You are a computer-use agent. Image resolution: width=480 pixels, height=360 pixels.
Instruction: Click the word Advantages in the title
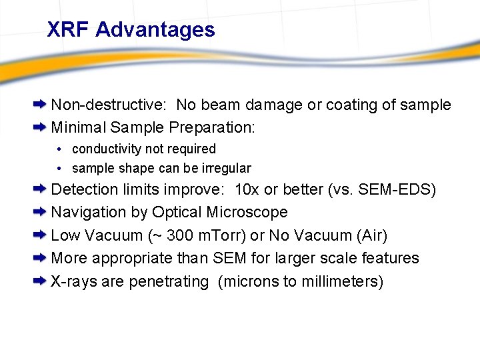(155, 29)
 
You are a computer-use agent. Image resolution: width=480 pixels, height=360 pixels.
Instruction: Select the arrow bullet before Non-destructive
(40, 105)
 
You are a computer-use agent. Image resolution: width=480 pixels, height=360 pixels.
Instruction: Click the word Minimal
(79, 127)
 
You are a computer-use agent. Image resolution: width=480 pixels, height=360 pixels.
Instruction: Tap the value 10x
(247, 189)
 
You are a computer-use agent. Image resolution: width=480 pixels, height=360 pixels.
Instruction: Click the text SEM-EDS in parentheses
(398, 189)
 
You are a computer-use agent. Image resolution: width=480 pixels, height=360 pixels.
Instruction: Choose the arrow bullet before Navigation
(40, 212)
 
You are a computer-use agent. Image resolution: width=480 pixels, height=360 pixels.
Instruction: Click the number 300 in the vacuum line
(181, 235)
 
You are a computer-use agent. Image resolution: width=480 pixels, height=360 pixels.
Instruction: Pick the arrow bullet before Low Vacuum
(40, 235)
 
